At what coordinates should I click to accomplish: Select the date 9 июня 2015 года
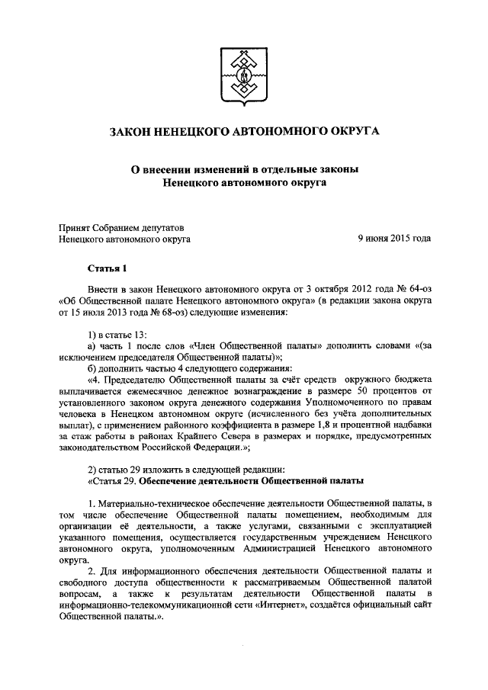(x=394, y=239)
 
